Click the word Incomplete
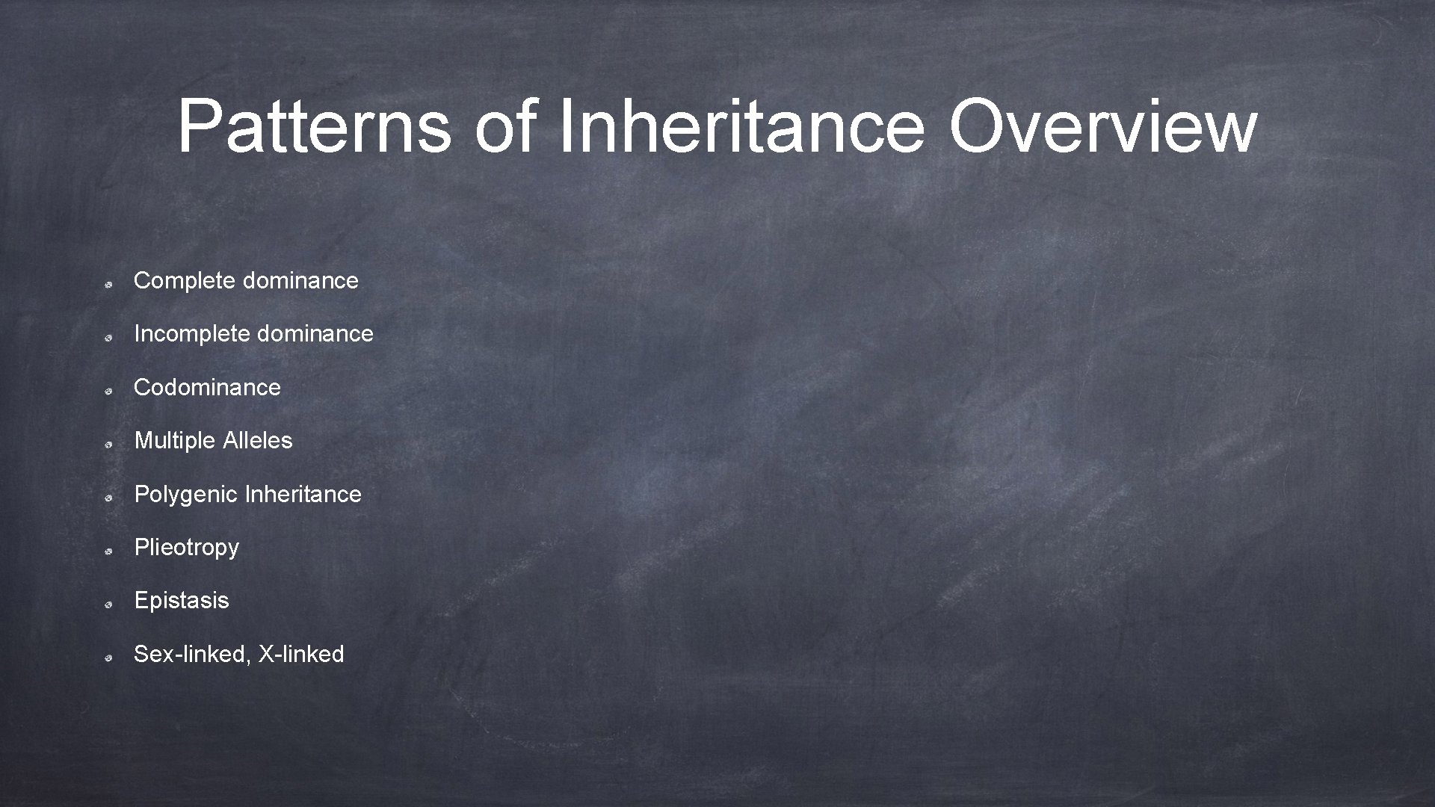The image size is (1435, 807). (191, 334)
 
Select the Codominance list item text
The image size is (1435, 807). (207, 387)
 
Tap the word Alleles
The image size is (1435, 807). (258, 440)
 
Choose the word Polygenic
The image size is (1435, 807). (186, 495)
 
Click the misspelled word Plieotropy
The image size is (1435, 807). (186, 548)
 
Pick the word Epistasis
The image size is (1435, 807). (182, 601)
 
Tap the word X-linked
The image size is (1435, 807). (301, 655)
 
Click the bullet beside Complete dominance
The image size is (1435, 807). (108, 285)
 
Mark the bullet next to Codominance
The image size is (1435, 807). (108, 392)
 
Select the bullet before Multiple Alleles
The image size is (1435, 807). (108, 445)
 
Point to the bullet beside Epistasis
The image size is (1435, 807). (108, 605)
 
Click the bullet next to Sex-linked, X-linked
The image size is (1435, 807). (108, 658)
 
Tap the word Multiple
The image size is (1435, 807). (175, 440)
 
